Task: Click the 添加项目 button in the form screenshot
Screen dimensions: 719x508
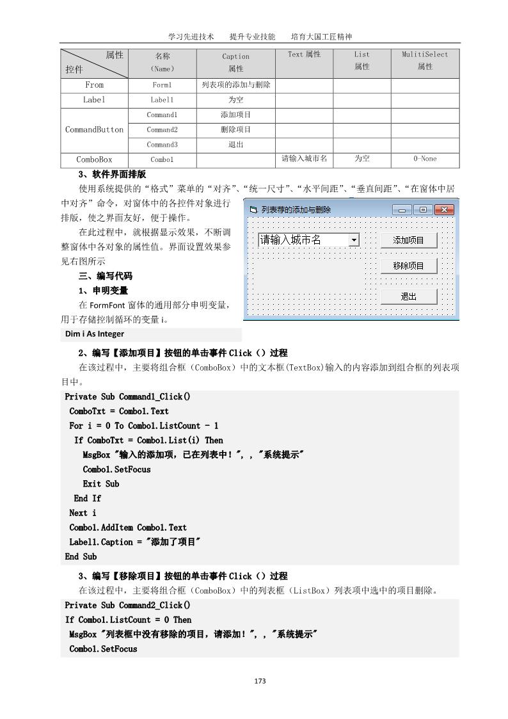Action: tap(408, 240)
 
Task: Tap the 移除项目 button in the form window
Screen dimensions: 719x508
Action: tap(408, 266)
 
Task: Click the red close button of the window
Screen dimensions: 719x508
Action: tap(443, 209)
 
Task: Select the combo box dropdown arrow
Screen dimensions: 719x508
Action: tap(354, 240)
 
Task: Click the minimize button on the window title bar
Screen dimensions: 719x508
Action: tap(402, 209)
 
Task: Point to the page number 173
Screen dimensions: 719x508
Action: tap(260, 681)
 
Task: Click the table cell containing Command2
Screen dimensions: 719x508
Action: tap(162, 129)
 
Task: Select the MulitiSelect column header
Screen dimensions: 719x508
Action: tap(425, 61)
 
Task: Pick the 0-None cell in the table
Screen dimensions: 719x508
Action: tap(425, 159)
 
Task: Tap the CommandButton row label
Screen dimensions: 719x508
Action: tap(94, 129)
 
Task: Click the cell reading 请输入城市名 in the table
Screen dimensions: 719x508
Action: tap(304, 158)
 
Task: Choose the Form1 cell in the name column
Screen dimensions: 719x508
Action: tap(162, 85)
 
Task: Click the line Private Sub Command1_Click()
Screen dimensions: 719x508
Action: tap(127, 396)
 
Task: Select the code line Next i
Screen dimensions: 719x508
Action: tap(83, 513)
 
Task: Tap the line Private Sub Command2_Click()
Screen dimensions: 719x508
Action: tap(127, 605)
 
